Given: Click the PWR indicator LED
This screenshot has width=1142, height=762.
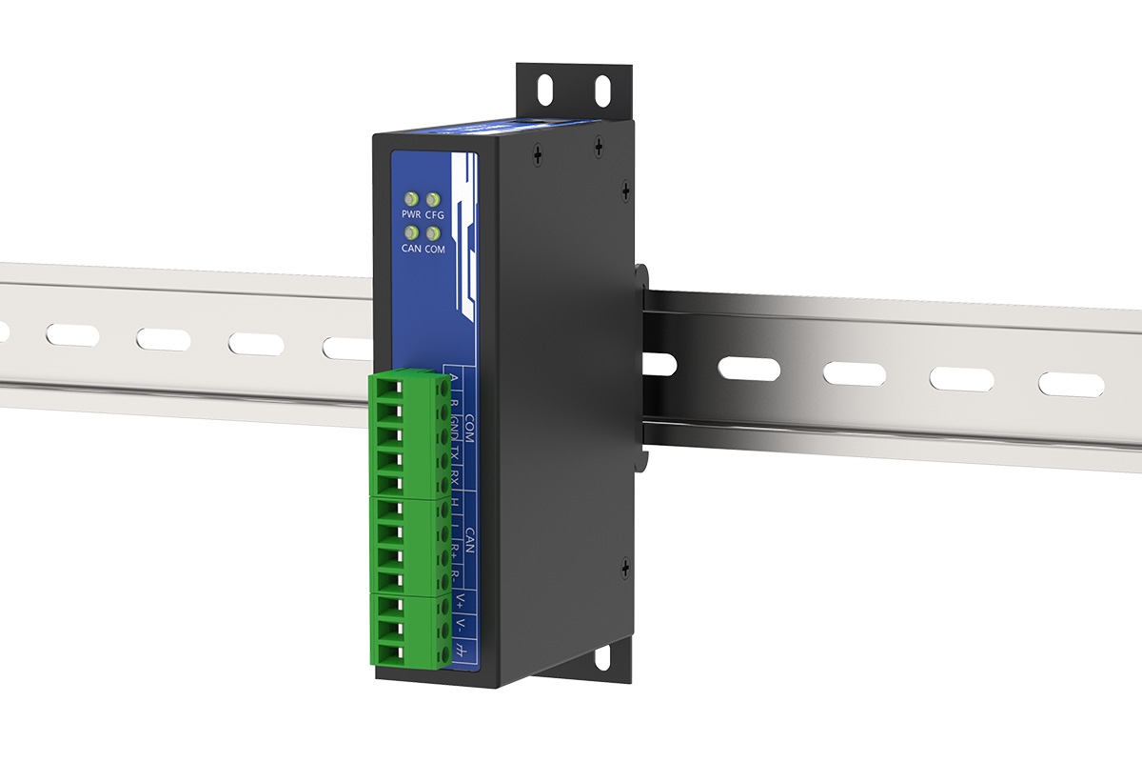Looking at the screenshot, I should tap(412, 200).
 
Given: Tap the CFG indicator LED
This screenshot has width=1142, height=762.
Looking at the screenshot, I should tap(434, 200).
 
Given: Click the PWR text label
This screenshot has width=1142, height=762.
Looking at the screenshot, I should tap(411, 216).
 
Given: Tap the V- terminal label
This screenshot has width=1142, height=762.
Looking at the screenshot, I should tap(461, 626).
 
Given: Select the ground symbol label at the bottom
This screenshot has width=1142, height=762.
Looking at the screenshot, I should tap(462, 652).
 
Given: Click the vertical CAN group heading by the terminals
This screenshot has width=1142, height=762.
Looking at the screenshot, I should tap(469, 538).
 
